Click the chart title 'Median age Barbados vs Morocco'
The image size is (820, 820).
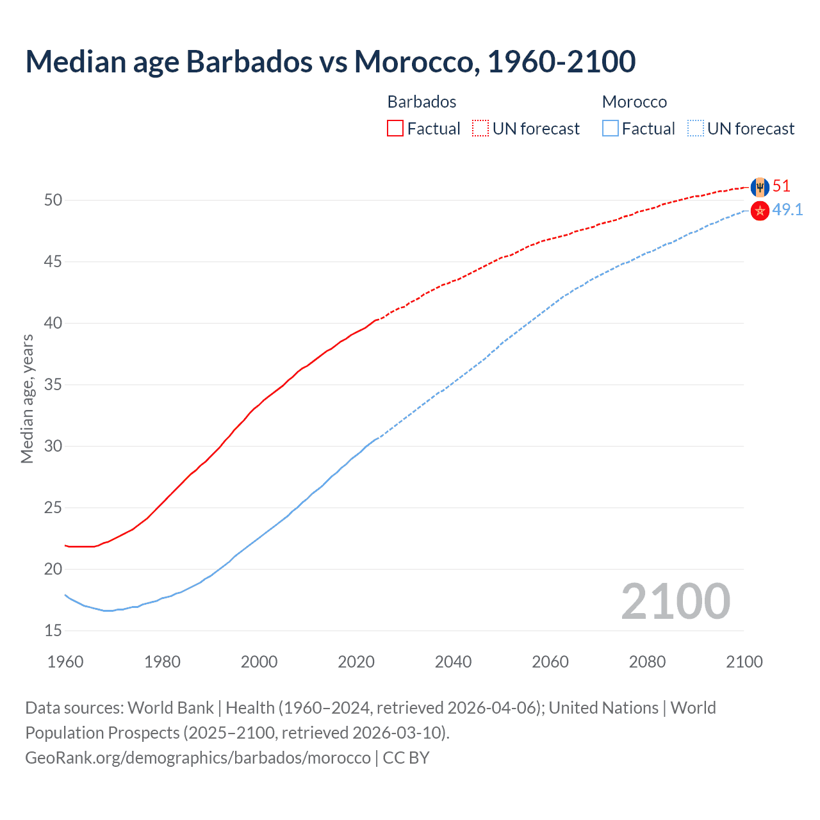pos(330,61)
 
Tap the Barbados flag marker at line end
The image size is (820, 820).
pos(760,187)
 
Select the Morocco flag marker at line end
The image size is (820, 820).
pos(760,211)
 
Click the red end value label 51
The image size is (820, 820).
pos(781,186)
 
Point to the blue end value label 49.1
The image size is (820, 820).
pos(787,210)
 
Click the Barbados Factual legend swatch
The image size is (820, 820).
pos(395,129)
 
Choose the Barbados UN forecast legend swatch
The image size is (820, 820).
pos(480,129)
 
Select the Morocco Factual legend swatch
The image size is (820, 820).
pos(611,129)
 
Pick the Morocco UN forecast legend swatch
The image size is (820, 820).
pos(695,129)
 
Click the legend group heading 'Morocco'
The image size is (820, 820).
pos(634,102)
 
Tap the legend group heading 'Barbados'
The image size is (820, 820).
pos(422,102)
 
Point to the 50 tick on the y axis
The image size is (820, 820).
pos(53,201)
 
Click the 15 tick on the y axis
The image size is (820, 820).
pos(53,631)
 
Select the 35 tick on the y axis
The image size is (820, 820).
pos(53,385)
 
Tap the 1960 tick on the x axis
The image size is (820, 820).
pos(65,662)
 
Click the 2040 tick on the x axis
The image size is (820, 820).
pos(453,662)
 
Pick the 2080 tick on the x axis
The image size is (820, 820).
pos(647,662)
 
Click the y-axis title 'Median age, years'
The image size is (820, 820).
pos(27,398)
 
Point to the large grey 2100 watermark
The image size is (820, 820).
pos(675,601)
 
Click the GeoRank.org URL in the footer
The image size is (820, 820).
pos(198,758)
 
